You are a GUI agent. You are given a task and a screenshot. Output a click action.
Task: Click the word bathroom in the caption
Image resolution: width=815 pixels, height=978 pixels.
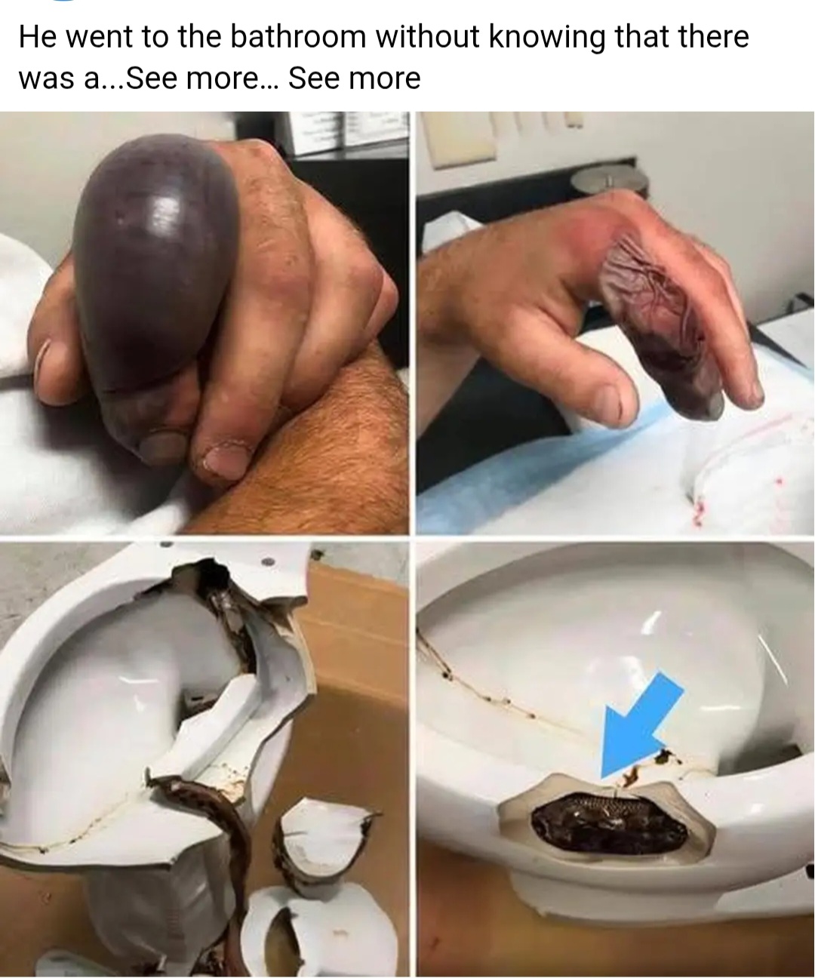[x=297, y=38]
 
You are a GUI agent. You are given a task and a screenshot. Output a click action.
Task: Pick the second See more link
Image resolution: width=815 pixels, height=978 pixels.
[x=354, y=78]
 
